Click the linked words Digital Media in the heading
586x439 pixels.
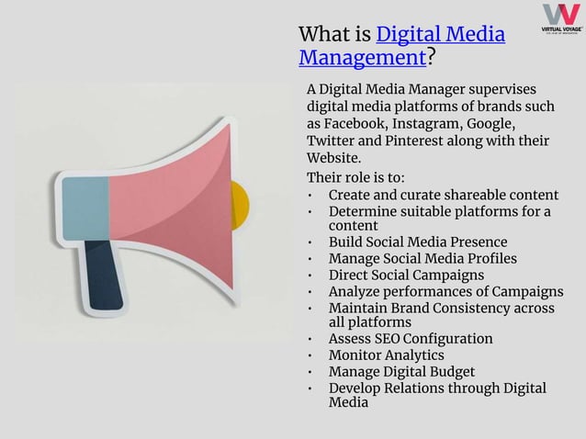click(441, 35)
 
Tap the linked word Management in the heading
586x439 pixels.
click(362, 59)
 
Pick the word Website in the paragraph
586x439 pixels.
click(334, 158)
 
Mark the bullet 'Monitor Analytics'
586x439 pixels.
click(386, 355)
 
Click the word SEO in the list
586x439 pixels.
click(393, 339)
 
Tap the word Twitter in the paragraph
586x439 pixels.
click(333, 141)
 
